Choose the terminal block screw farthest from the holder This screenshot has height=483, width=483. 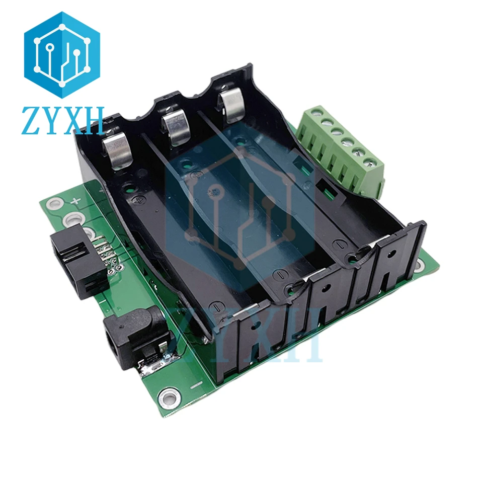pos(371,162)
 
